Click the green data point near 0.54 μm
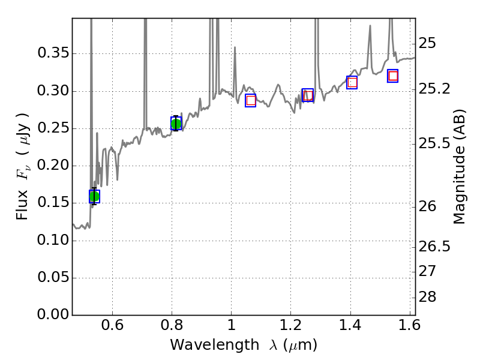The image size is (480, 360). [x=94, y=196]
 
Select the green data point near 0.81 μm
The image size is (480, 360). [x=176, y=124]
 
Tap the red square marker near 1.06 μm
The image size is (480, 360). [x=251, y=100]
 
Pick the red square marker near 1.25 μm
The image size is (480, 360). [x=308, y=95]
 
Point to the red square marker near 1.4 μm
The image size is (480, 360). [x=352, y=82]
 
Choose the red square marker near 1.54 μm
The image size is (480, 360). [x=393, y=76]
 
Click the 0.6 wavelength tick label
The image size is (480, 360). [x=112, y=327]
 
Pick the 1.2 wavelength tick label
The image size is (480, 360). [x=290, y=327]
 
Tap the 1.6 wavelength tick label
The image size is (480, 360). [x=410, y=327]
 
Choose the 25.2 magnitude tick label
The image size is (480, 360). [x=434, y=89]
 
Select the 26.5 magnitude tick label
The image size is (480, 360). [x=434, y=247]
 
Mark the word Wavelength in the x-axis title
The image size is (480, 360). [x=204, y=345]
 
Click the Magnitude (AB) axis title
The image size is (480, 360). [x=460, y=166]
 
